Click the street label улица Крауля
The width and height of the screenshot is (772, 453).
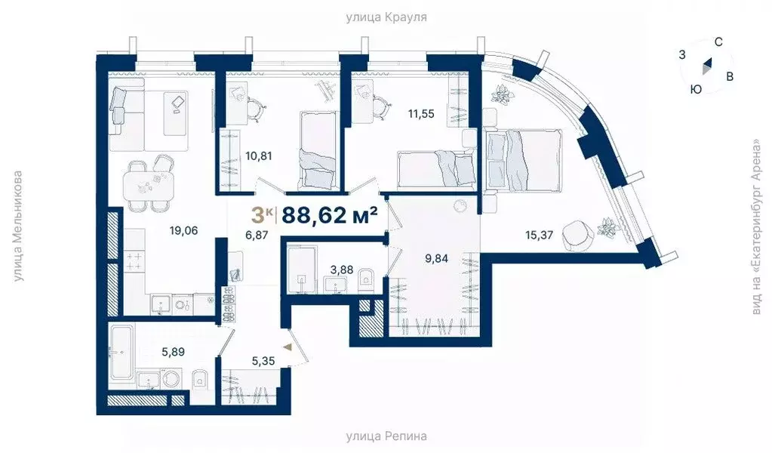coord(386,16)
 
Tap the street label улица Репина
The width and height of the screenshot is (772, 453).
coord(386,436)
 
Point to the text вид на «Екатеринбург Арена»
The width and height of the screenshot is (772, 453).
coord(757,226)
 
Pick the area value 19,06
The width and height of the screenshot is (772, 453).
coord(184,231)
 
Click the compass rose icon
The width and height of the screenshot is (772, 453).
coord(706,67)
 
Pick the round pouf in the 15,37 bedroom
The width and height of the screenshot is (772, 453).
coord(578,234)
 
